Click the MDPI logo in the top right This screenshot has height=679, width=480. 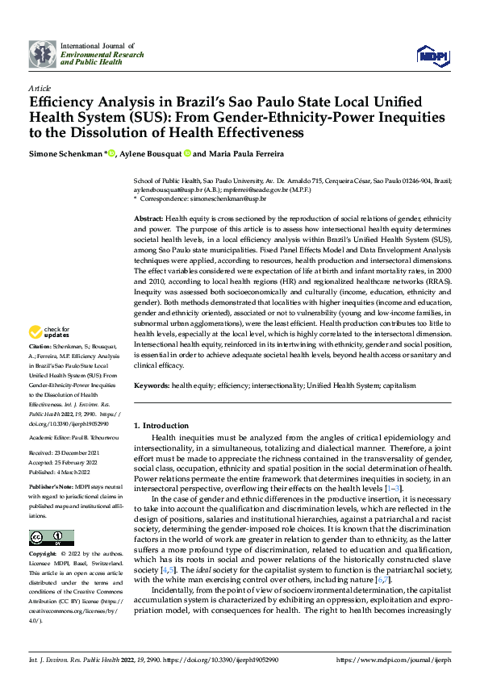[432, 54]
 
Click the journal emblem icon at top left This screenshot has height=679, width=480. [43, 54]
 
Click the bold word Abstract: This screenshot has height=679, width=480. [148, 219]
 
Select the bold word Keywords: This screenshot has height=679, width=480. [151, 385]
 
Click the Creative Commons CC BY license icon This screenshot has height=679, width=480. [51, 537]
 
